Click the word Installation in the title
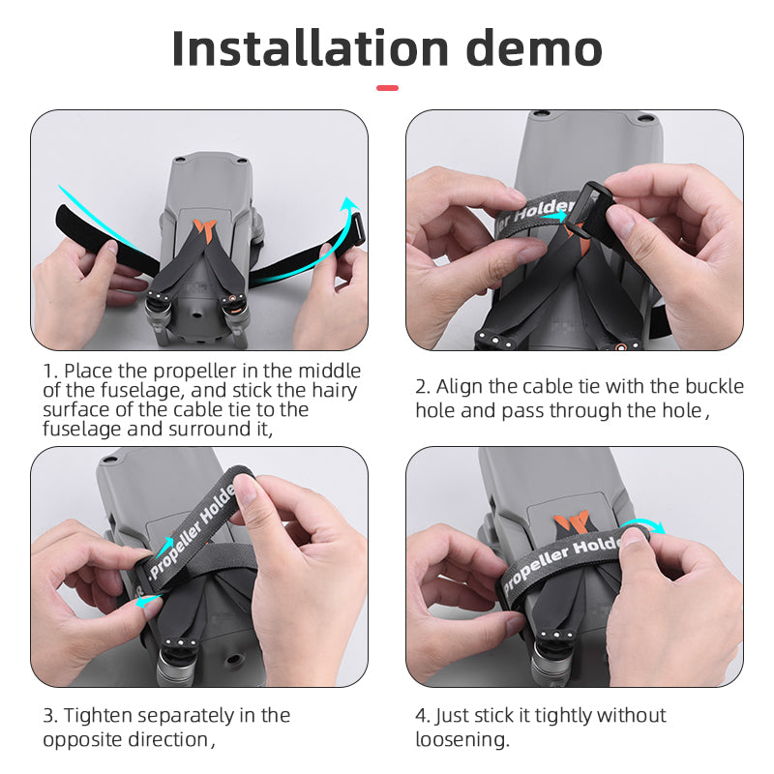click(x=310, y=48)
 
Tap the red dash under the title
click(x=387, y=88)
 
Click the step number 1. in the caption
click(x=50, y=372)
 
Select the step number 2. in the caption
click(x=423, y=387)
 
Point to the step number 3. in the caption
click(x=50, y=716)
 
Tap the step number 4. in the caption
click(x=423, y=716)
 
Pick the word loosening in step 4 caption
click(x=460, y=740)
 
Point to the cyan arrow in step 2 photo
click(x=554, y=218)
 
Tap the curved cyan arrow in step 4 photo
click(x=646, y=525)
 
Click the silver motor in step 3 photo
click(x=174, y=668)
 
